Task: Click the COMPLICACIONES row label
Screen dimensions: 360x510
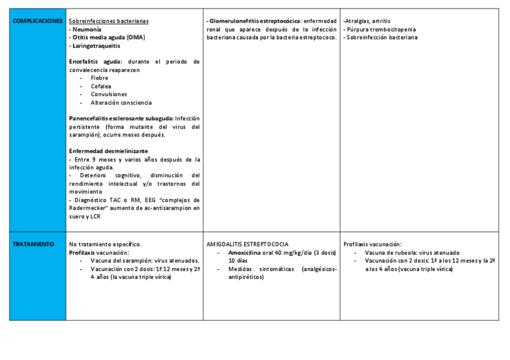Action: [37, 21]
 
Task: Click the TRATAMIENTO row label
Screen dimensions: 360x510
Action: [34, 245]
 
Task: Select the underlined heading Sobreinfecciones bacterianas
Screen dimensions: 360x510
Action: [109, 21]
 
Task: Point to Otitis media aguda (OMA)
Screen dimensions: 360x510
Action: [108, 37]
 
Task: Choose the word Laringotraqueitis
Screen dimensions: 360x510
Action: [96, 46]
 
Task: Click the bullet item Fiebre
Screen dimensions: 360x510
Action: [99, 78]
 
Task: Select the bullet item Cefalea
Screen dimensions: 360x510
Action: [101, 86]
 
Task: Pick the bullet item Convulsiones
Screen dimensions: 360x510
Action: [109, 94]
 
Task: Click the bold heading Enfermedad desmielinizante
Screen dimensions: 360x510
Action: [108, 151]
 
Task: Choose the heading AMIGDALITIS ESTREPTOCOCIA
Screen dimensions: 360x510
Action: [247, 245]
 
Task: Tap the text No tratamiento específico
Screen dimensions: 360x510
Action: [105, 245]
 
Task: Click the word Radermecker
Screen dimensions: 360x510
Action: [88, 208]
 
